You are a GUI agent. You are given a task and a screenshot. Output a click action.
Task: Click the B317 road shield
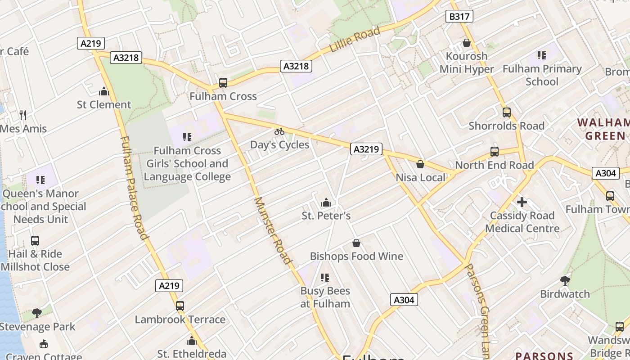[x=459, y=17]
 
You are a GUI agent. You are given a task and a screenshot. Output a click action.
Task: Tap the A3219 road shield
[x=366, y=149]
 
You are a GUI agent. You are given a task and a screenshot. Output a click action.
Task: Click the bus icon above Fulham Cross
[x=223, y=83]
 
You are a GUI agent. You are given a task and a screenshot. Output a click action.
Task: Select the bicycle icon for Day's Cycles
[x=279, y=131]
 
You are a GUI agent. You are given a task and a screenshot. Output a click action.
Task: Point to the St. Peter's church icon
[x=326, y=202]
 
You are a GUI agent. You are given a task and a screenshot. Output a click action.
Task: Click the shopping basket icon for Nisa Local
[x=420, y=164]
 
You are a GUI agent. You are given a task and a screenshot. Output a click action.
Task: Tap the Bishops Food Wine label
[x=356, y=256]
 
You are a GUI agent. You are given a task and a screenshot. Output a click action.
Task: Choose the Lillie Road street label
[x=355, y=39]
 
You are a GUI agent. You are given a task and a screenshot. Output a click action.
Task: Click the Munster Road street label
[x=273, y=230]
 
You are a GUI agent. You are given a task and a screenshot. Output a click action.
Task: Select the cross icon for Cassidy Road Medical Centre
[x=522, y=202]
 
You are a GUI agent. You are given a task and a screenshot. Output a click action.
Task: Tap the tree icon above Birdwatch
[x=565, y=281]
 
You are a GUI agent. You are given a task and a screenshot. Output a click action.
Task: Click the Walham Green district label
[x=603, y=129]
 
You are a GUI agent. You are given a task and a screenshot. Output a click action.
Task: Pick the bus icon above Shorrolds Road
[x=507, y=112]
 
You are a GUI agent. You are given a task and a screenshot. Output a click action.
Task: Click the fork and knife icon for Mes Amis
[x=23, y=115]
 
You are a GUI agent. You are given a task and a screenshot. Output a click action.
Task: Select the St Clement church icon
[x=104, y=91]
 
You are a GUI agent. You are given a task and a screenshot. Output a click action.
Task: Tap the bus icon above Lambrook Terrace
[x=180, y=306]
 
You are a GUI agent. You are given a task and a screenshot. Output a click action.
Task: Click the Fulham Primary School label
[x=542, y=75]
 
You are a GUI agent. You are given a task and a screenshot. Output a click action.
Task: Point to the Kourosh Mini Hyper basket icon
[x=467, y=43]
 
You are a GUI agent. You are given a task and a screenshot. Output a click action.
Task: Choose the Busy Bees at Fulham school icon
[x=325, y=278]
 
